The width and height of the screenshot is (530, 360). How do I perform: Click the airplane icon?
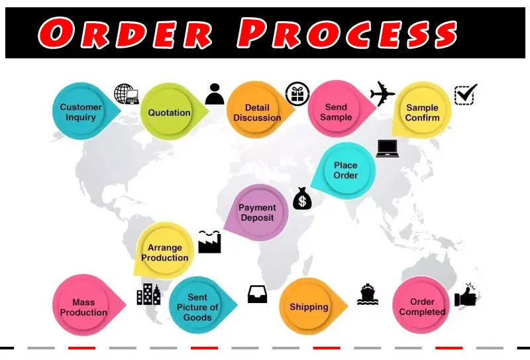click(382, 93)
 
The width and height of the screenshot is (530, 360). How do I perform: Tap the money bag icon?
click(302, 198)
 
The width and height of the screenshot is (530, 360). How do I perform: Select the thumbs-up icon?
click(466, 295)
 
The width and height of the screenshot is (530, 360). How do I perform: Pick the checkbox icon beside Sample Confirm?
click(465, 94)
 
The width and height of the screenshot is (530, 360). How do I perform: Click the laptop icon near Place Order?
click(388, 148)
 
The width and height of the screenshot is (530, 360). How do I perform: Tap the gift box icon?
click(297, 95)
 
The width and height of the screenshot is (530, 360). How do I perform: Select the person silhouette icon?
click(215, 94)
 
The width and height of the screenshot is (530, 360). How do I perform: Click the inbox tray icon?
click(258, 294)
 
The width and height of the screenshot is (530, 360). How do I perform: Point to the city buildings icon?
click(148, 294)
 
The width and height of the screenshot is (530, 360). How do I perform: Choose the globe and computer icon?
click(126, 93)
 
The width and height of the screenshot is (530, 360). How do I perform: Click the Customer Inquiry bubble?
click(81, 112)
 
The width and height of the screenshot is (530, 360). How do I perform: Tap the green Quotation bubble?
click(169, 112)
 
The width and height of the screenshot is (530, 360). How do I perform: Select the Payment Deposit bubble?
click(257, 212)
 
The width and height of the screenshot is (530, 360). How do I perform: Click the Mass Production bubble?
click(80, 307)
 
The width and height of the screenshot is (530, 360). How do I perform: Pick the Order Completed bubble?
click(422, 307)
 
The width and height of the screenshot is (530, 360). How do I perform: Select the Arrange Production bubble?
click(164, 253)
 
